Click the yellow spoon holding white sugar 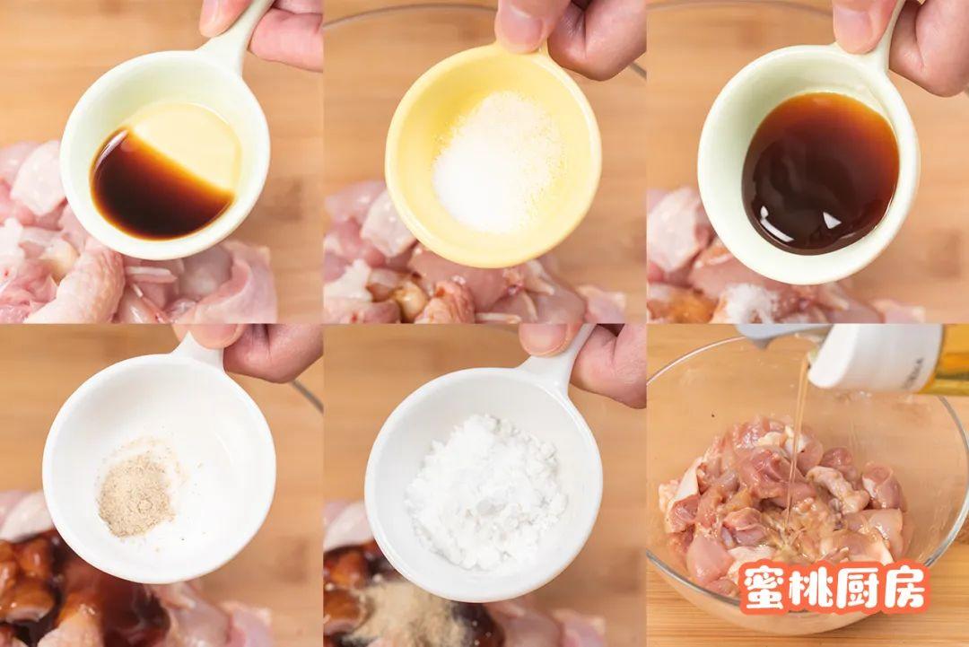coord(493,154)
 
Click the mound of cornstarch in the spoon coord(485,491)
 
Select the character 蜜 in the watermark coord(765,587)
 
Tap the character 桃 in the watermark coord(812,587)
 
